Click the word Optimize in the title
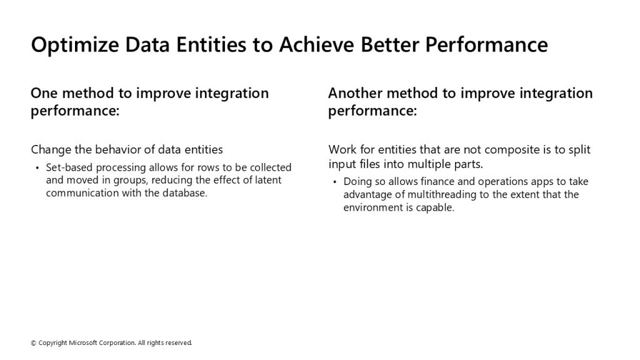click(x=75, y=45)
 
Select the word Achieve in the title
click(x=317, y=44)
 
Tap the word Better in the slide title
click(x=390, y=44)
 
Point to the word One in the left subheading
click(x=44, y=93)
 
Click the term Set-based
click(x=69, y=167)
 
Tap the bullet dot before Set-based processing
click(x=37, y=167)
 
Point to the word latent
click(x=268, y=180)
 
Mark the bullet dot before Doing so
click(x=335, y=182)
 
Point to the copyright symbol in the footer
click(x=34, y=343)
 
